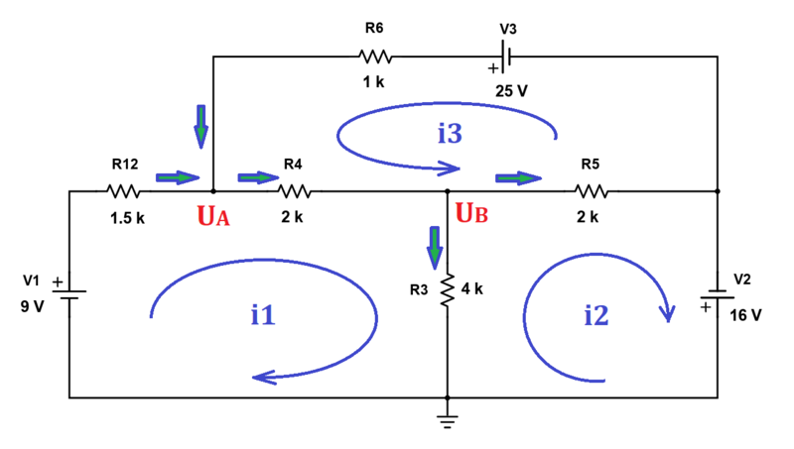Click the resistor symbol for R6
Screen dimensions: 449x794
tap(376, 56)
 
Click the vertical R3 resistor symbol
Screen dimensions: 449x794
tap(448, 286)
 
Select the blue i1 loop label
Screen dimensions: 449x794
tap(262, 315)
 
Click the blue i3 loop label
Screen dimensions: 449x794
tap(449, 133)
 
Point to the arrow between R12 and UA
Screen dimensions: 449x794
tap(177, 178)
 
